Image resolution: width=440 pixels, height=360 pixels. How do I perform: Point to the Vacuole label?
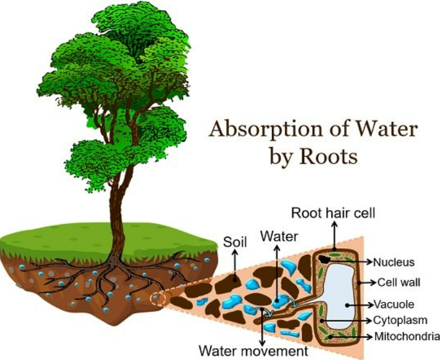[397, 304]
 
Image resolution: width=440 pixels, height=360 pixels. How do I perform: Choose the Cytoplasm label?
[400, 320]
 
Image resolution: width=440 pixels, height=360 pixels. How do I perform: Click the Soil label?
[235, 243]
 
